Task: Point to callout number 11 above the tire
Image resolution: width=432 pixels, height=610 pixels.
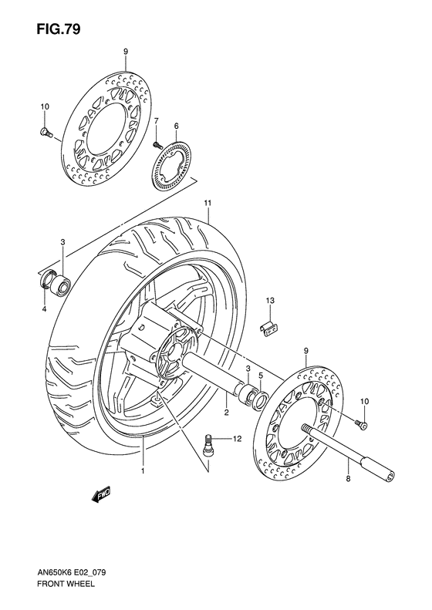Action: (x=208, y=203)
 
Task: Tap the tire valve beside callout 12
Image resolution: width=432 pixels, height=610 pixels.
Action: (x=208, y=443)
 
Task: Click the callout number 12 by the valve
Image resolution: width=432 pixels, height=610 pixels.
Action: (x=238, y=439)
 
